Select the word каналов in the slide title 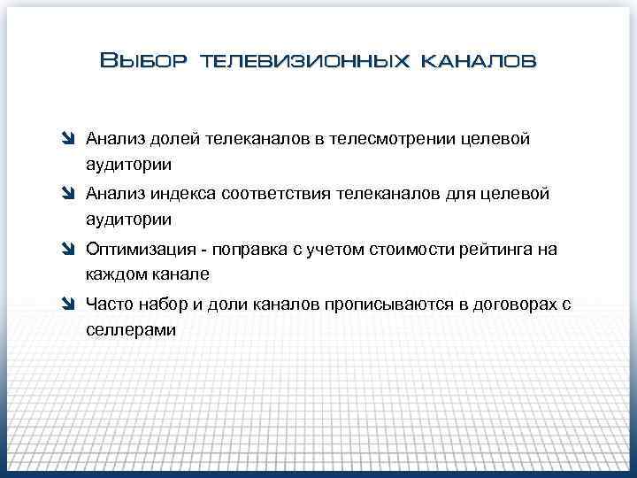(x=478, y=61)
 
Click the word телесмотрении (x=389, y=140)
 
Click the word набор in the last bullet (x=160, y=305)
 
